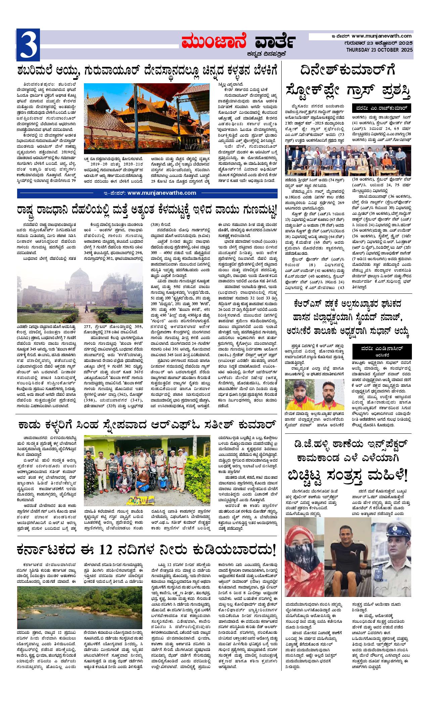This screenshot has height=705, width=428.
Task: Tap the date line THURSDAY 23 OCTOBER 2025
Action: (379, 50)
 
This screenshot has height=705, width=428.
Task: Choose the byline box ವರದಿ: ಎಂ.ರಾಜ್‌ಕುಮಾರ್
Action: (382, 108)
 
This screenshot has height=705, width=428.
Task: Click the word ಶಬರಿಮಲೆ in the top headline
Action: (38, 71)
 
